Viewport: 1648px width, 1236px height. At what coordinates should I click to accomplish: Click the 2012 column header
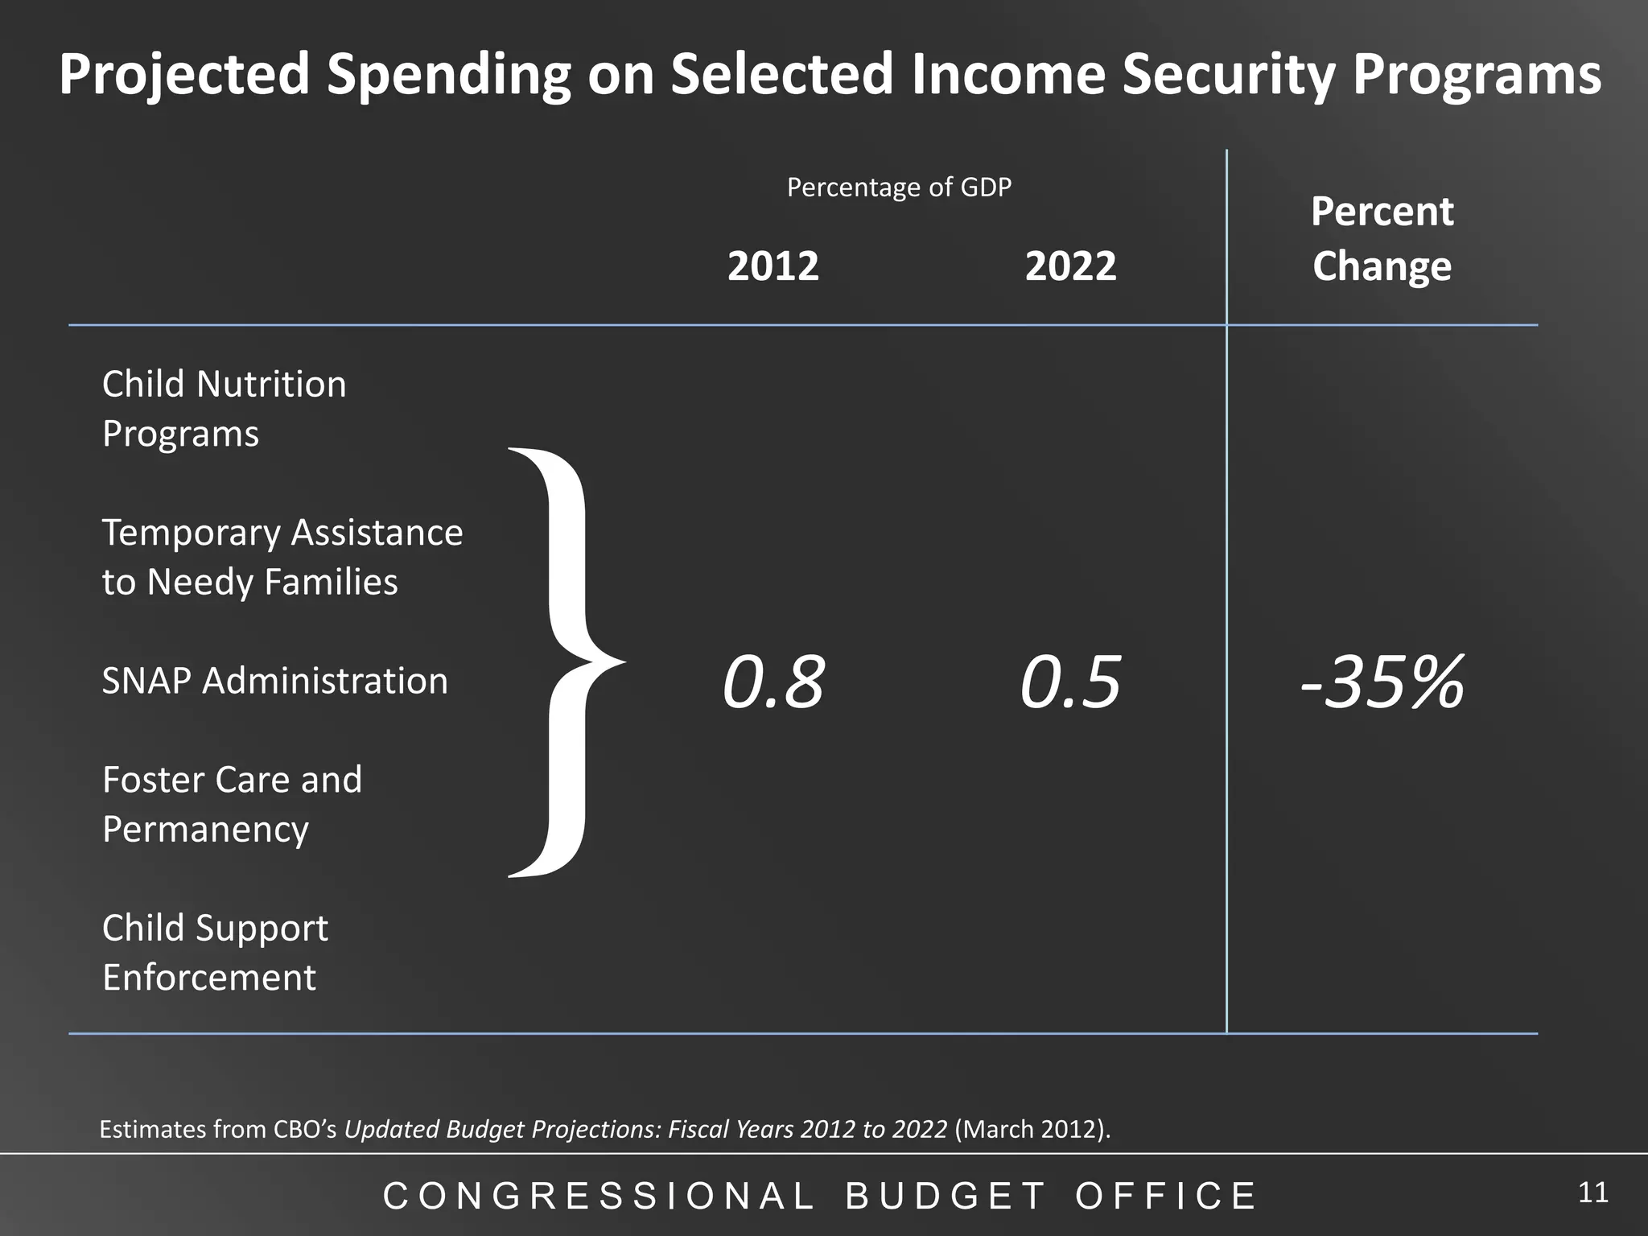coord(773,266)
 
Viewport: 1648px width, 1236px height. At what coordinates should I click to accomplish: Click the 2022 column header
coord(1070,266)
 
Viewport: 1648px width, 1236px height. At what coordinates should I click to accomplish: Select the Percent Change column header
coord(1382,239)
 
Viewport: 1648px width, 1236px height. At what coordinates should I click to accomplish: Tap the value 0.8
coord(773,682)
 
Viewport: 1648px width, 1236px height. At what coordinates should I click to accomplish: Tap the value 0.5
coord(1070,682)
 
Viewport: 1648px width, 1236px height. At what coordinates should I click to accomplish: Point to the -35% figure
coord(1382,682)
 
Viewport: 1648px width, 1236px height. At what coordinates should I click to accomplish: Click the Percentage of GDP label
coord(899,187)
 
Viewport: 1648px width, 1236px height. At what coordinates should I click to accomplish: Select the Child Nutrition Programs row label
coord(224,409)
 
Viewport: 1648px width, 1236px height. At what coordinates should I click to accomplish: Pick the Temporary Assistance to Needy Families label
coord(282,557)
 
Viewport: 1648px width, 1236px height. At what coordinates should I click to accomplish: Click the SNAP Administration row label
coord(274,681)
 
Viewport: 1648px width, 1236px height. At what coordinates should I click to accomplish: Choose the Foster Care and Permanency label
coord(232,804)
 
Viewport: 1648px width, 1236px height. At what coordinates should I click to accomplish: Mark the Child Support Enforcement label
coord(215,952)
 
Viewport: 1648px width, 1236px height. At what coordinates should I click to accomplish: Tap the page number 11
coord(1592,1193)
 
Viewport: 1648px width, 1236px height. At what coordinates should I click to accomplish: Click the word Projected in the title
coord(184,74)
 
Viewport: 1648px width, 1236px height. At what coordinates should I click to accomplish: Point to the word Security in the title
coord(1228,74)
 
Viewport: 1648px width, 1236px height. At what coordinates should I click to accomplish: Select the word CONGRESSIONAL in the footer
coord(599,1196)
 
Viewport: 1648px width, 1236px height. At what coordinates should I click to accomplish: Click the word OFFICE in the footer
coord(1166,1196)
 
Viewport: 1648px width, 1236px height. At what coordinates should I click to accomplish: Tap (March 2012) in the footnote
coord(1032,1130)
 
